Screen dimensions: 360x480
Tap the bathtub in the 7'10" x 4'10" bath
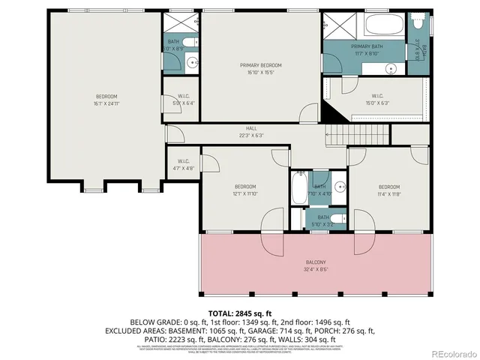[x=299, y=188]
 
